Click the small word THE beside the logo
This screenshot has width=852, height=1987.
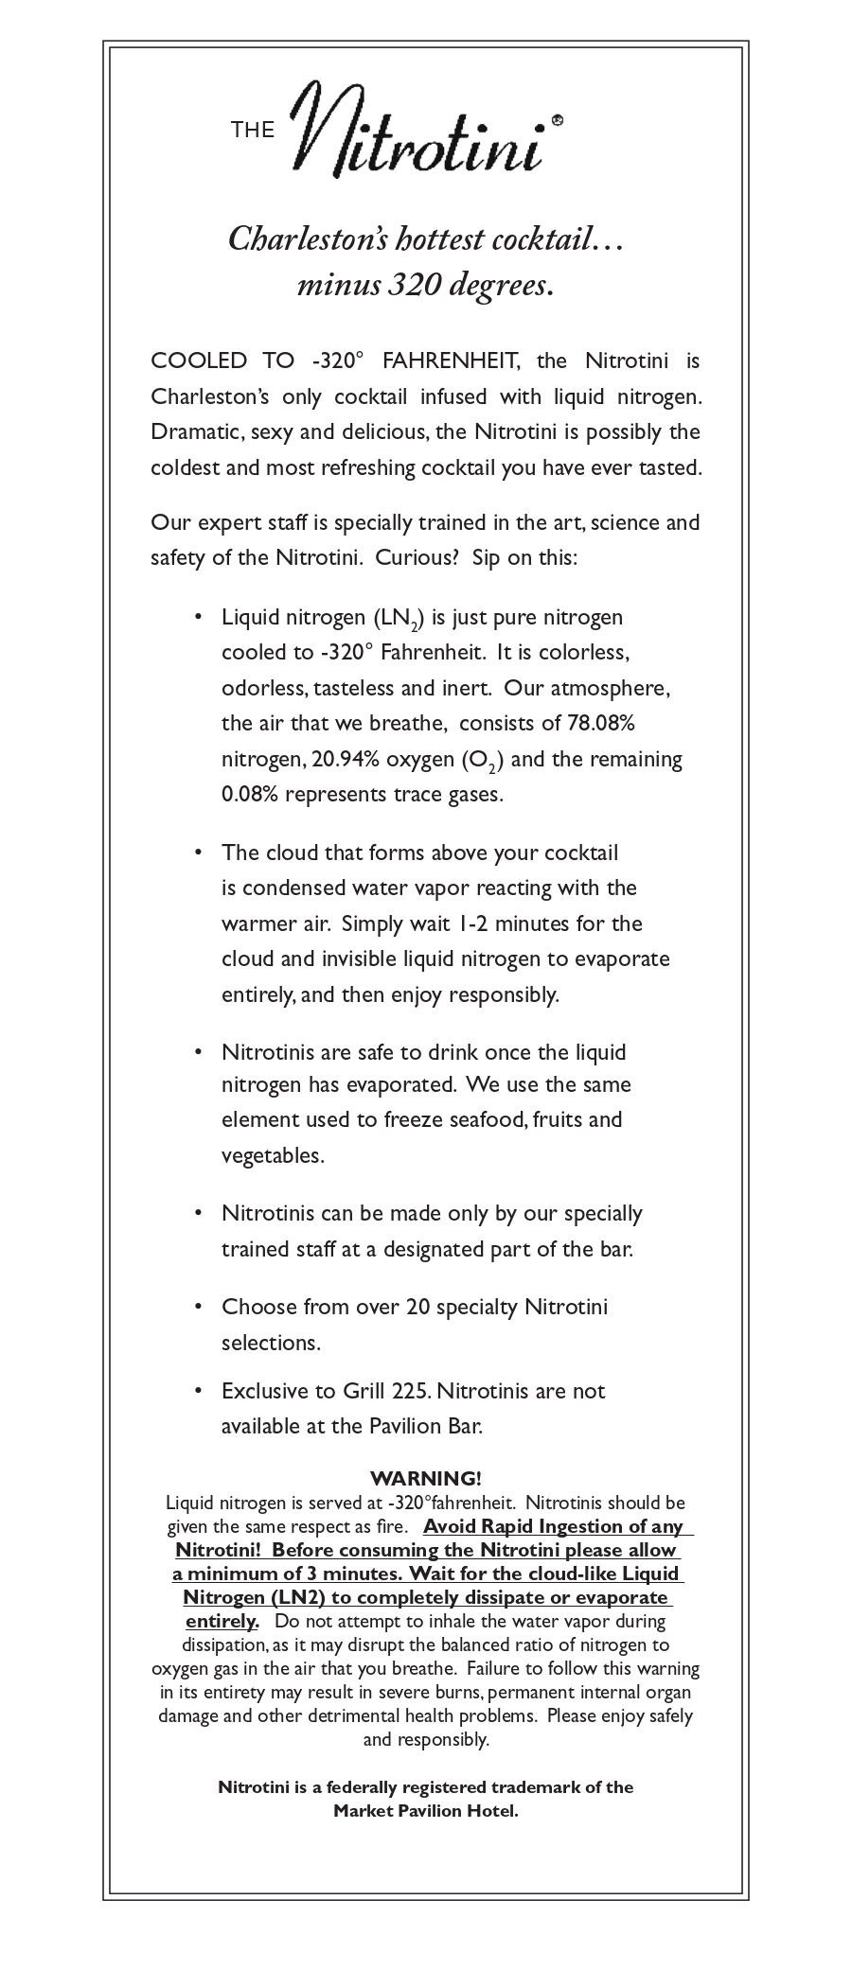pos(253,130)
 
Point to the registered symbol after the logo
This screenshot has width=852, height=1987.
pos(558,120)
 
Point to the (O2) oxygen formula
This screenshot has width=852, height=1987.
pos(483,760)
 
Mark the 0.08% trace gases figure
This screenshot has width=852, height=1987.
pos(249,794)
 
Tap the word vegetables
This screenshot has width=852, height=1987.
pos(273,1155)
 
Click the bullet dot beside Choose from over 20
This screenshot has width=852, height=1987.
pos(198,1306)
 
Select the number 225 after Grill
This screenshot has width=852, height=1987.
pos(409,1390)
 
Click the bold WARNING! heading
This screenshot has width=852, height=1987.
pos(426,1478)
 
